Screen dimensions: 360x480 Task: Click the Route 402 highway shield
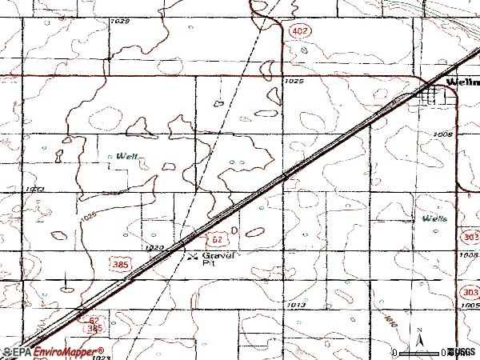tap(297, 30)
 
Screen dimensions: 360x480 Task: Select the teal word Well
tap(126, 156)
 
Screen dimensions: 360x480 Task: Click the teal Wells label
tap(435, 218)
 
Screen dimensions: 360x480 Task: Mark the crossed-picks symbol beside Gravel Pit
tap(192, 256)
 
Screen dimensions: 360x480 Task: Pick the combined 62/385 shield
tap(94, 324)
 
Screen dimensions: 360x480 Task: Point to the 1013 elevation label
tap(296, 305)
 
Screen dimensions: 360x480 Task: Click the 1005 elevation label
tap(470, 306)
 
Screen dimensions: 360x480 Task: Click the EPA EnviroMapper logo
tap(52, 352)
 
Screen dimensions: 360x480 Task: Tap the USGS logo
tap(462, 352)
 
